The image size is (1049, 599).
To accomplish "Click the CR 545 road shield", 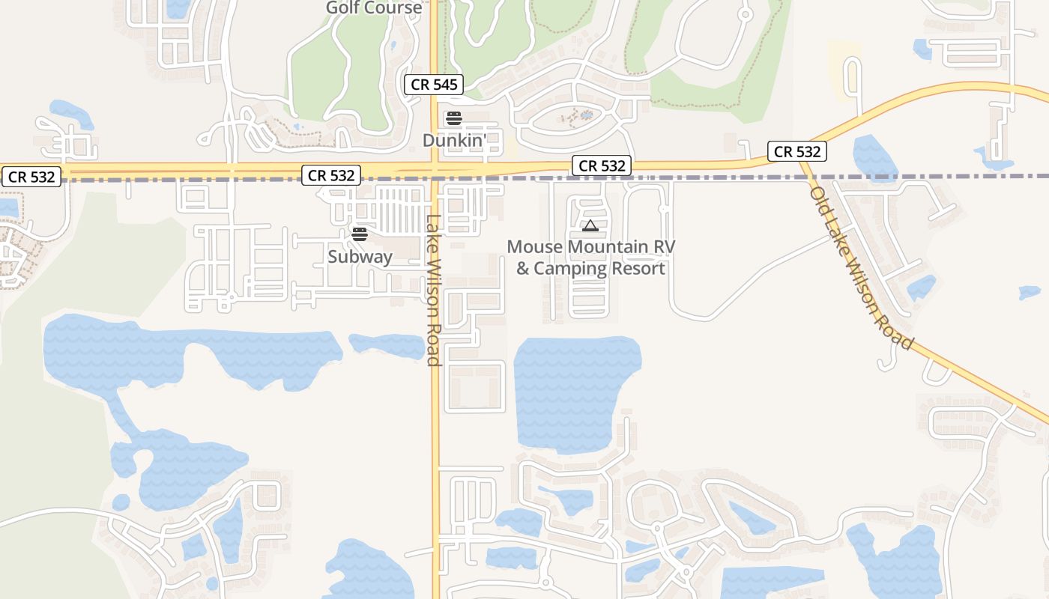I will tap(435, 85).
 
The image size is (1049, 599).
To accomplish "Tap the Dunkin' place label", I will tap(455, 140).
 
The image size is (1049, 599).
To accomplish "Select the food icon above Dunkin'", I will tap(454, 118).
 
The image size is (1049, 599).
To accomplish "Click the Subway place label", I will tap(360, 257).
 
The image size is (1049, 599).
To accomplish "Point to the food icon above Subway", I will tap(360, 234).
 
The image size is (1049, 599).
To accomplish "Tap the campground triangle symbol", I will tap(590, 225).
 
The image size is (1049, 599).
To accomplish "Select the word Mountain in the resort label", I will tap(608, 247).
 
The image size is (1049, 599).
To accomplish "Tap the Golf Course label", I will tap(374, 8).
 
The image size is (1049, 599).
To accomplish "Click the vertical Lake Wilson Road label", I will tap(432, 291).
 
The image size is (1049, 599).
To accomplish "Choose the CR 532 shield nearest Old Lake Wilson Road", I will tap(797, 152).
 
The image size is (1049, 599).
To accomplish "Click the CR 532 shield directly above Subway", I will tap(331, 176).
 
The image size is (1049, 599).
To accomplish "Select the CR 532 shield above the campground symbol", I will tap(602, 166).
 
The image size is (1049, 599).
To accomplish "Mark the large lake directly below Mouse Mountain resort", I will tap(573, 393).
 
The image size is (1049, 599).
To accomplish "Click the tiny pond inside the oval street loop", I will tap(586, 115).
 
